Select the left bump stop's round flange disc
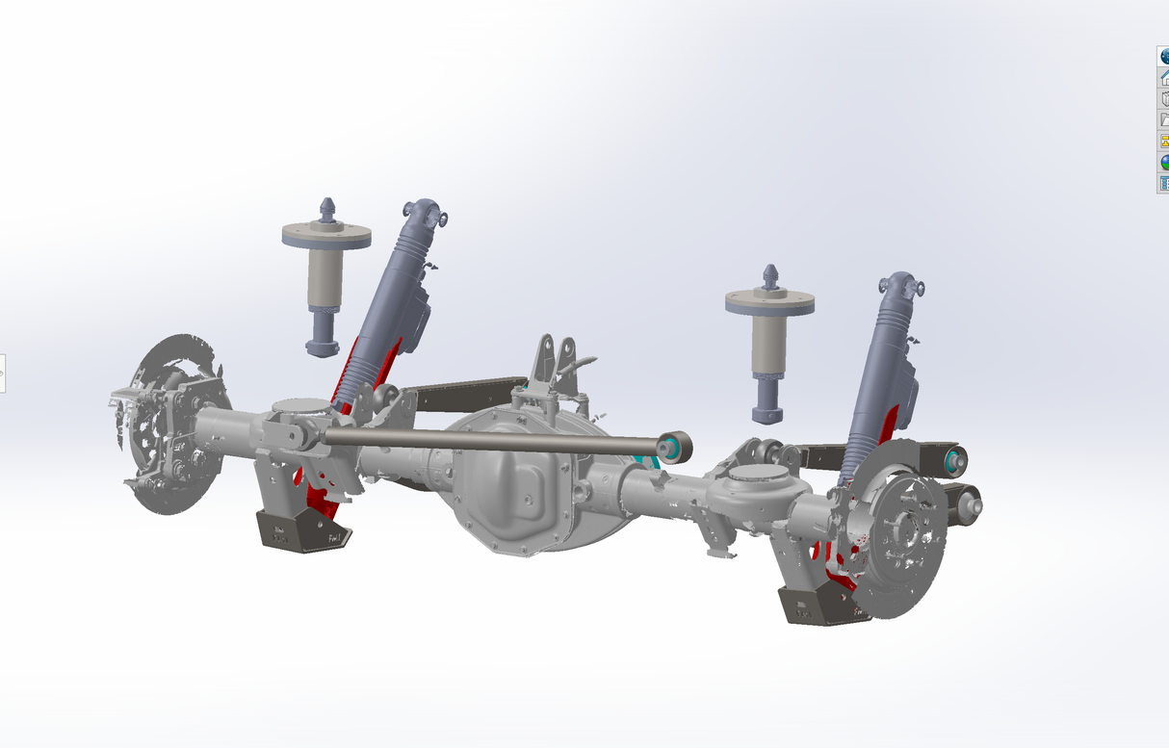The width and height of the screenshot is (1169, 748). [x=326, y=236]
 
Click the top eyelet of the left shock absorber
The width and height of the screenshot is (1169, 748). [x=426, y=212]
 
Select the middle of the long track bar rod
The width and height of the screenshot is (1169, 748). [x=491, y=440]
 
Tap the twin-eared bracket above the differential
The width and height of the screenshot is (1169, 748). [x=554, y=361]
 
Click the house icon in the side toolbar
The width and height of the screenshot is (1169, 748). [x=1163, y=78]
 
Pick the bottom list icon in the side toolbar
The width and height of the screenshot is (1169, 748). [x=1163, y=183]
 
